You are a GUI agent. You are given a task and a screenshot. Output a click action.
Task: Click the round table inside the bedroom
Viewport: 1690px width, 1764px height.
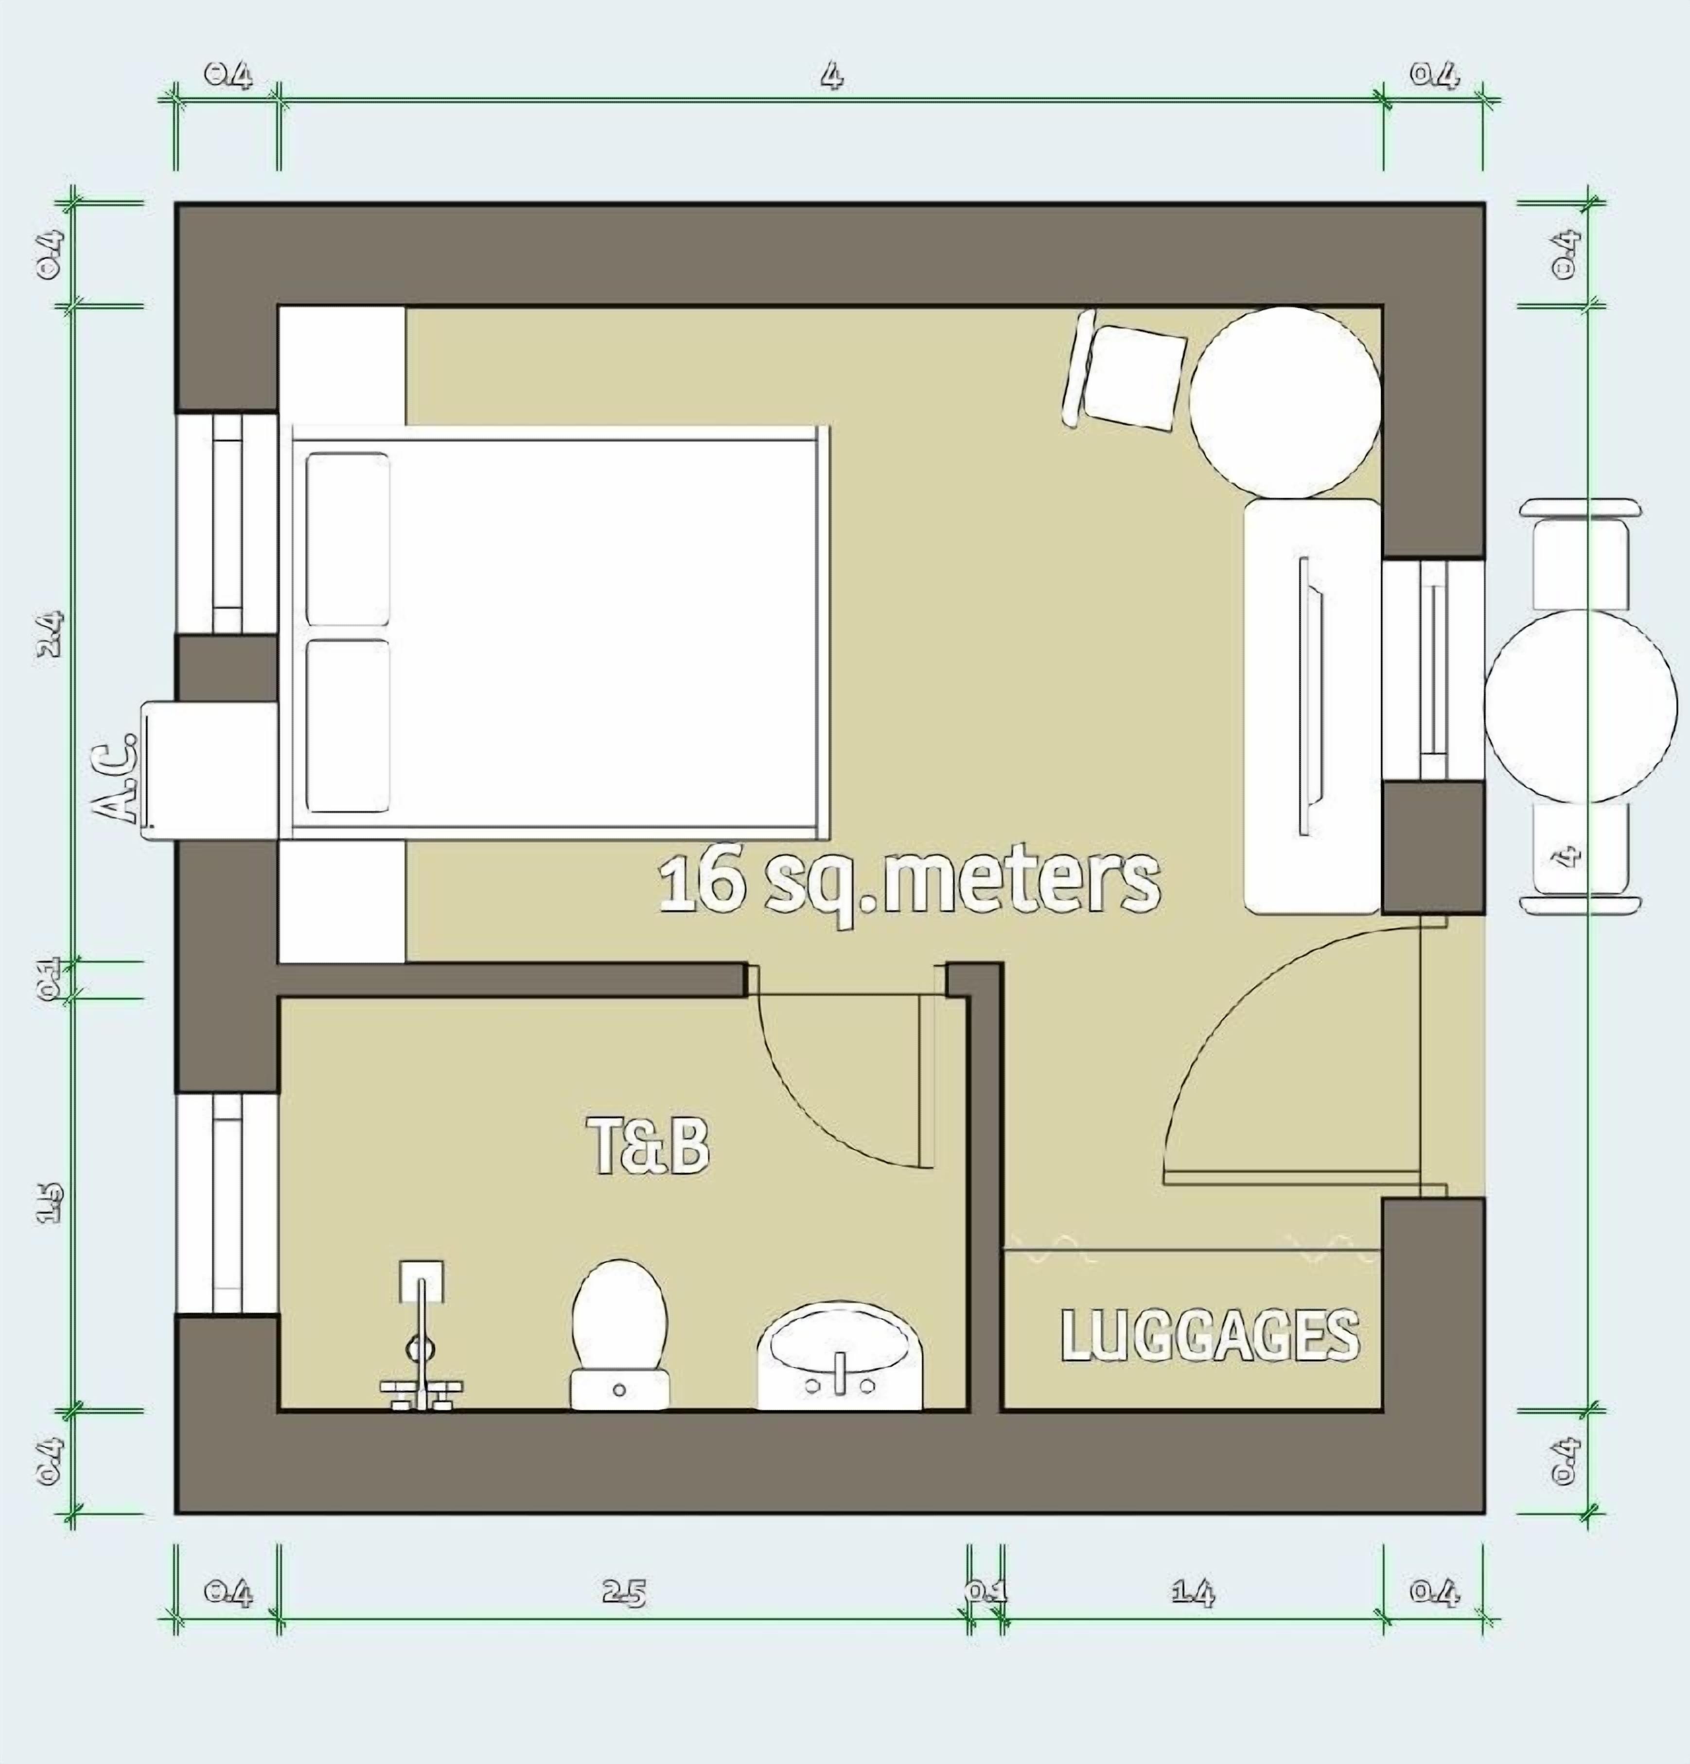coord(1285,402)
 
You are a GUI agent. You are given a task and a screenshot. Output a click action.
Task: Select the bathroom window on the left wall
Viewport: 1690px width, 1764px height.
coord(227,1203)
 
